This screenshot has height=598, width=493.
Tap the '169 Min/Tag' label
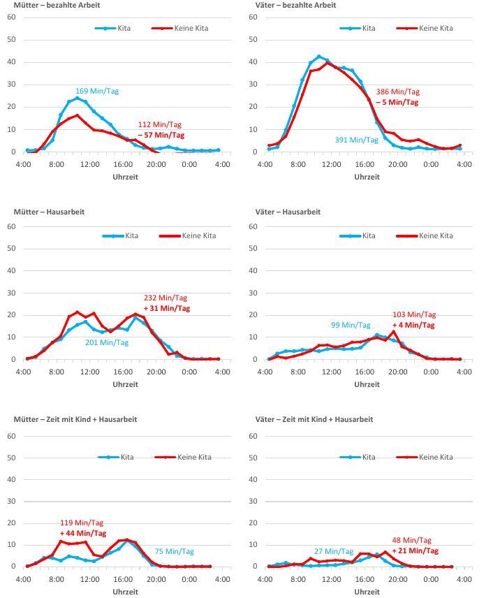pyautogui.click(x=96, y=91)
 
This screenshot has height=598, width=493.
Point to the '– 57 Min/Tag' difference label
pyautogui.click(x=161, y=135)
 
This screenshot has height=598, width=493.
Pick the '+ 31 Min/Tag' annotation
pyautogui.click(x=166, y=308)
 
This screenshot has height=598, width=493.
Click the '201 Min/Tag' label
pyautogui.click(x=107, y=342)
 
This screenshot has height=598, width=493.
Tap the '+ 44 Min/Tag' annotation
pyautogui.click(x=82, y=533)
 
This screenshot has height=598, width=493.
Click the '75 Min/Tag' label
pyautogui.click(x=174, y=551)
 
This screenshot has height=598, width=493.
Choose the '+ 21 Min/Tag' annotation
pyautogui.click(x=415, y=550)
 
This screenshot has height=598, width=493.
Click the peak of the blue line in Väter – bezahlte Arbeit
pyautogui.click(x=318, y=57)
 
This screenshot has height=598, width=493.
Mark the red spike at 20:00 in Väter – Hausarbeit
pyautogui.click(x=394, y=332)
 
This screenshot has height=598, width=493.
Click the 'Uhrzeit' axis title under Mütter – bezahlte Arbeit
pyautogui.click(x=126, y=177)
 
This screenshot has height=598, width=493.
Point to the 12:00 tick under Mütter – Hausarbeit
pyautogui.click(x=89, y=372)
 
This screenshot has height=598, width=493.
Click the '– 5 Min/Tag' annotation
pyautogui.click(x=397, y=102)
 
